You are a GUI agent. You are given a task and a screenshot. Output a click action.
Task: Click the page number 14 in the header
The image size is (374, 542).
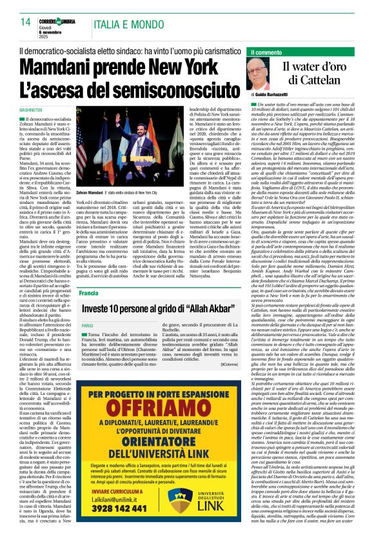coord(26,22)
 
